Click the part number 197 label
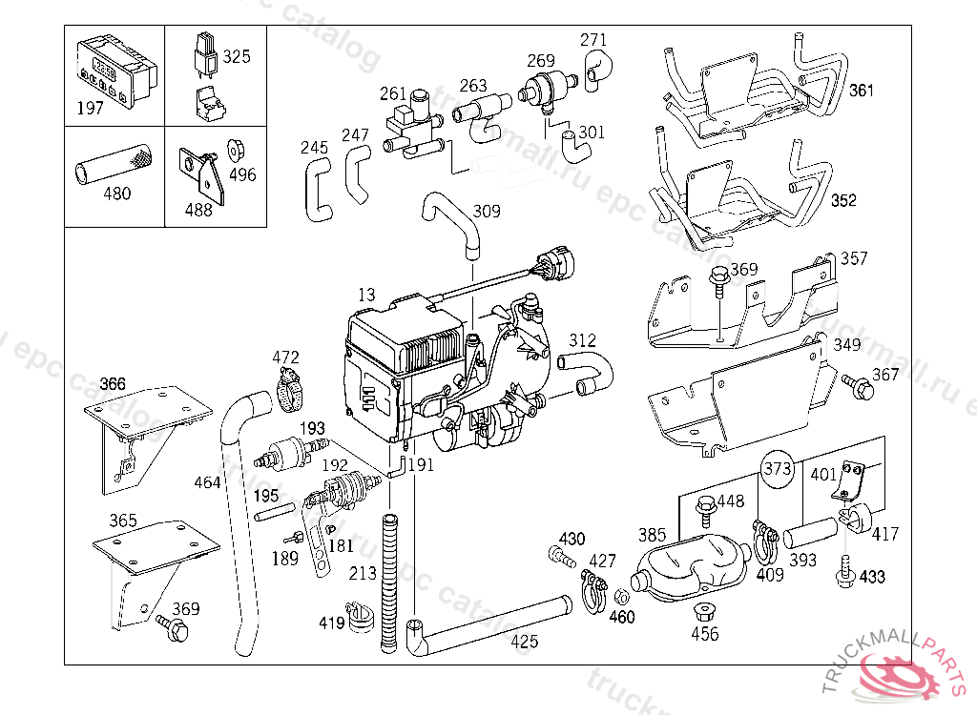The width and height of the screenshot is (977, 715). tap(90, 108)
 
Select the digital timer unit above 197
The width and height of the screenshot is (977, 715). tap(114, 69)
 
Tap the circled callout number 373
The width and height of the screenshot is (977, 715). tap(778, 468)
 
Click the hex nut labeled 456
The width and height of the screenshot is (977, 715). tap(704, 610)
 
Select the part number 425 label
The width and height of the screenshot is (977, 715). tap(524, 642)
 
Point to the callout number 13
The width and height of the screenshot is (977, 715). tap(366, 296)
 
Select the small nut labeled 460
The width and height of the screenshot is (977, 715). tap(620, 597)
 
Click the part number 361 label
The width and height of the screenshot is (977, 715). tap(861, 92)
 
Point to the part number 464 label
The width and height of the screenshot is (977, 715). tap(207, 482)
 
